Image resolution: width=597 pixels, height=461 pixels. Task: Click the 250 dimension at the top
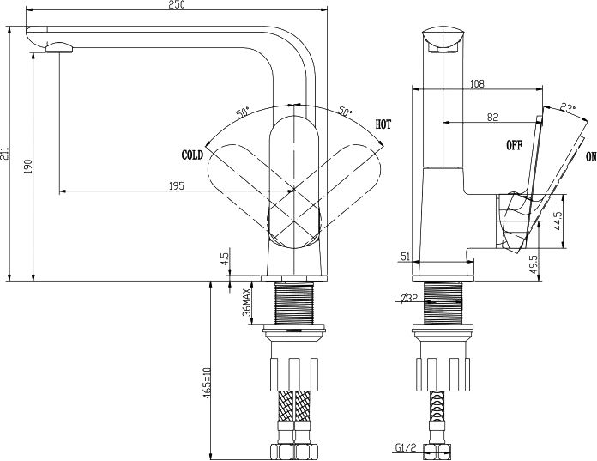click(x=177, y=4)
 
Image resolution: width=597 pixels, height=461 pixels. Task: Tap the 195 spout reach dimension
click(x=177, y=185)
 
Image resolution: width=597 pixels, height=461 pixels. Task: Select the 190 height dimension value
click(x=27, y=167)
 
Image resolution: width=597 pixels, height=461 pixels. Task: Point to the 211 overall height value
click(x=3, y=153)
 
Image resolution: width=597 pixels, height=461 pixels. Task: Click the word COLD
click(x=192, y=155)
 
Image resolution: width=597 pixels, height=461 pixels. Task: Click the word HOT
click(x=383, y=124)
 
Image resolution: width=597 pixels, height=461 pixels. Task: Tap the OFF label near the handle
click(x=515, y=145)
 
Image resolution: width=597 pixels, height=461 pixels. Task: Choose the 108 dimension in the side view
click(x=478, y=83)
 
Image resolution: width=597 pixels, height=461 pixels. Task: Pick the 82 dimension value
click(x=492, y=118)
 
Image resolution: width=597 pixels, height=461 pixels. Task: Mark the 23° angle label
click(x=568, y=108)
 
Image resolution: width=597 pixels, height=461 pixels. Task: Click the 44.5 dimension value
click(x=558, y=221)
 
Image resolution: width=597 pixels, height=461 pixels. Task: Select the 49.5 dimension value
click(x=534, y=264)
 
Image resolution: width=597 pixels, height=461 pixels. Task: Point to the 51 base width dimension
click(x=405, y=257)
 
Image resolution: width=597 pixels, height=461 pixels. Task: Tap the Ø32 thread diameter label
click(x=408, y=298)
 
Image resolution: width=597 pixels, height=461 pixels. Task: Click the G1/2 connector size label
click(x=406, y=447)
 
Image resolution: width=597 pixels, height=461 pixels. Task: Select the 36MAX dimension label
click(x=247, y=302)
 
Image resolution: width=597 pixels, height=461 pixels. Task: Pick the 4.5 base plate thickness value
click(x=225, y=258)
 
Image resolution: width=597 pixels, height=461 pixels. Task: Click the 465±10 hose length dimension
click(x=207, y=383)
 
